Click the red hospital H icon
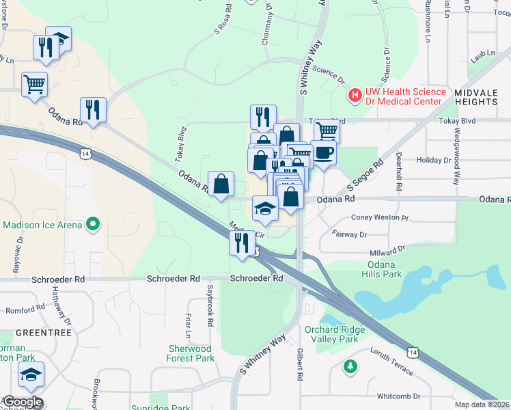(355, 96)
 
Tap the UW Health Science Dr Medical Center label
(405, 96)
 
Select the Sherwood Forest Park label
(191, 353)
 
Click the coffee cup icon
(324, 152)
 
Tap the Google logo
(22, 402)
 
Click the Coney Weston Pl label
(378, 217)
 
